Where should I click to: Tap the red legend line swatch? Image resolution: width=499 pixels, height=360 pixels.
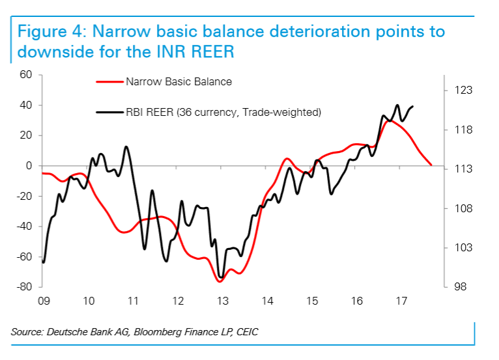pos(109,83)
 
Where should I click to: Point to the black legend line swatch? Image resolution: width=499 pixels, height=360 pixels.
pos(109,113)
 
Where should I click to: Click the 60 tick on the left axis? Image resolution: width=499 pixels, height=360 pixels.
pos(26,75)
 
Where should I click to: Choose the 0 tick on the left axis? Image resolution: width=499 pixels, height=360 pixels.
pos(29,166)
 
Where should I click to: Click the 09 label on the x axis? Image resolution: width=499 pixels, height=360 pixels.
pos(44,301)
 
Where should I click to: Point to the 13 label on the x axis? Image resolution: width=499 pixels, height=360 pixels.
pos(222,301)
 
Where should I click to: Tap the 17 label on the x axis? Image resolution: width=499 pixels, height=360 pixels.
pos(401,301)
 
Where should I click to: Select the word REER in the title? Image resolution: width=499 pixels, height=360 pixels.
pos(208,52)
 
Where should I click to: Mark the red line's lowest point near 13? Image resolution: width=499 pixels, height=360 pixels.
pos(220,281)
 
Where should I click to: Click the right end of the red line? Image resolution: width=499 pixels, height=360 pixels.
pos(431,165)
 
